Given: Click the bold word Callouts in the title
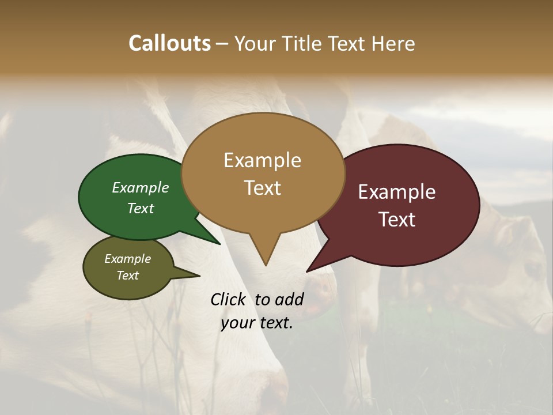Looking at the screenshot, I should [169, 43].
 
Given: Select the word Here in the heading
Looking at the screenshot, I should [393, 44].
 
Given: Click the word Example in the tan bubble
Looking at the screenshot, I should [262, 160].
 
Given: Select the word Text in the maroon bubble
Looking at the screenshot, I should [397, 220].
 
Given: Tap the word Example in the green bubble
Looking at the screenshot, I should [140, 188].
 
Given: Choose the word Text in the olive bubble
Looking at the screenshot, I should [128, 276].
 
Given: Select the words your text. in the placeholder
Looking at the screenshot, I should [257, 323].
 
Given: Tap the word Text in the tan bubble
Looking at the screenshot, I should [263, 188].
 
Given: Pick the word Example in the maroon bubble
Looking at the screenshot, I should [397, 192].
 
